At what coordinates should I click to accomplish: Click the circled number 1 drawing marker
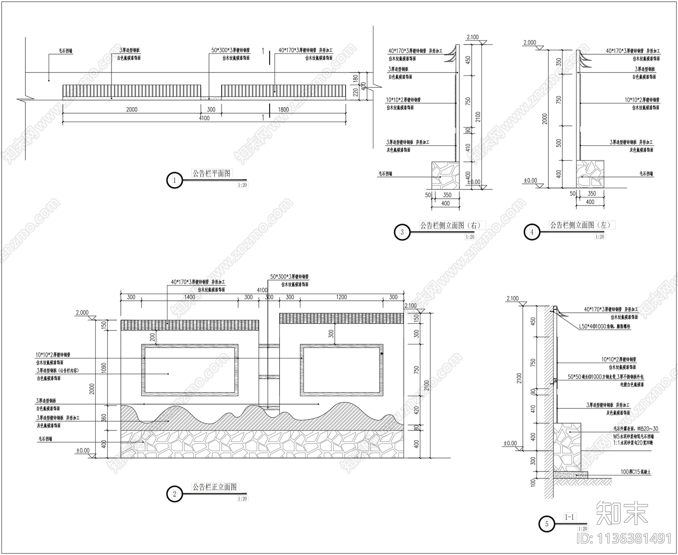click(x=175, y=180)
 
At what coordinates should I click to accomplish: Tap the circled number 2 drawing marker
click(x=175, y=494)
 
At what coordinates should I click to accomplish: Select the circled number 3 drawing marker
click(x=402, y=232)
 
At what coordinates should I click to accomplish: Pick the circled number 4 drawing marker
click(x=532, y=232)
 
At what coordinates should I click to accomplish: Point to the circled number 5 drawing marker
click(x=547, y=524)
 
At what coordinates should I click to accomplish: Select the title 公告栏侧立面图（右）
click(x=452, y=225)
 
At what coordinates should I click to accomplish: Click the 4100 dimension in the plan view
click(x=204, y=118)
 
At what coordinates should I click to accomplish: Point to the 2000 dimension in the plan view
click(x=132, y=109)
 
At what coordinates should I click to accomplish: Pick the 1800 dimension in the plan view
click(x=283, y=109)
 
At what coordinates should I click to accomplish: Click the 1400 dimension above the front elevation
click(x=189, y=297)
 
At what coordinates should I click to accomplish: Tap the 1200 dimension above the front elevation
click(x=341, y=297)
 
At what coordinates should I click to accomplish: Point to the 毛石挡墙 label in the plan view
click(x=66, y=50)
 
